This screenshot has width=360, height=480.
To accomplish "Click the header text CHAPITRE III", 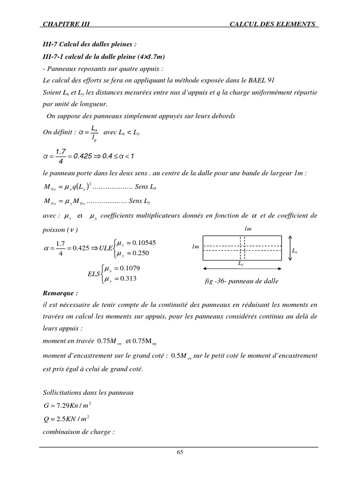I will pos(62,23).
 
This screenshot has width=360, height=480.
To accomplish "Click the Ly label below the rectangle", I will pos(241,264).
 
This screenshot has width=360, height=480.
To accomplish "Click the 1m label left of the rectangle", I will pos(195,246).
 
